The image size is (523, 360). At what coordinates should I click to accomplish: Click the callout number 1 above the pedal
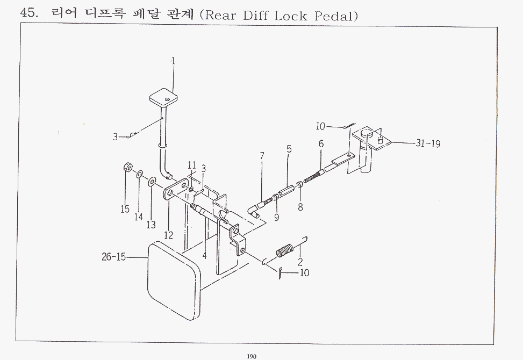[173, 61]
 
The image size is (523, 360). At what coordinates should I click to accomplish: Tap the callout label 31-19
[428, 143]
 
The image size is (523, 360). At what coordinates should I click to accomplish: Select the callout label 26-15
[113, 257]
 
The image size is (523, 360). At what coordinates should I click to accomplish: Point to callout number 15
[125, 209]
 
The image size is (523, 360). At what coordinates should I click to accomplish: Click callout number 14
[139, 217]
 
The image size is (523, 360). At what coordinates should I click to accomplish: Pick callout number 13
[151, 225]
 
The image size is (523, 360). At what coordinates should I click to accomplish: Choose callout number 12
[169, 235]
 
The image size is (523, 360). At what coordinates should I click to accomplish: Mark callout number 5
[289, 149]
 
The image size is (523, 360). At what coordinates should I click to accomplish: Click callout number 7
[262, 156]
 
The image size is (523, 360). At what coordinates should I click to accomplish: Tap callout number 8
[300, 207]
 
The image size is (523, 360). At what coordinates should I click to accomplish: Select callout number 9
[276, 217]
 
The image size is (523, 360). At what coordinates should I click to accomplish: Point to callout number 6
[321, 143]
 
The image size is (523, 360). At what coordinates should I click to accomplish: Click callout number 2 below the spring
[300, 261]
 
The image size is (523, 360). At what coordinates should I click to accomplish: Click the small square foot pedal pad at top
[163, 96]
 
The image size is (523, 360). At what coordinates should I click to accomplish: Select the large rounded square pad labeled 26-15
[174, 282]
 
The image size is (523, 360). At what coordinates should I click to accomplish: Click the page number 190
[252, 356]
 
